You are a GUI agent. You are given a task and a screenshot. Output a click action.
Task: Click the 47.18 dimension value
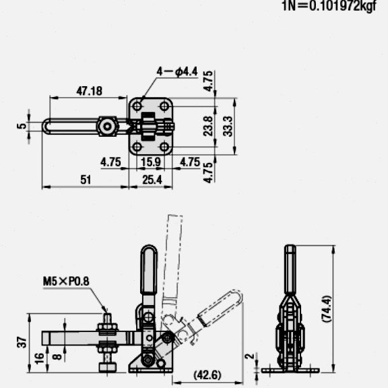click(90, 91)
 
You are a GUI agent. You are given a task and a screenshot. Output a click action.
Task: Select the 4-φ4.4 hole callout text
click(177, 72)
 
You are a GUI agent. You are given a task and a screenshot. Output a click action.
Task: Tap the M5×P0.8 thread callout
click(66, 281)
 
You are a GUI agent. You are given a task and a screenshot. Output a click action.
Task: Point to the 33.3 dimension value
click(228, 127)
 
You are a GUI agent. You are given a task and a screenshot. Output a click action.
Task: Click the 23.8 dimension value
click(208, 126)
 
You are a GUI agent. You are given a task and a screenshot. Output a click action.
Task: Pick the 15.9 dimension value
click(151, 162)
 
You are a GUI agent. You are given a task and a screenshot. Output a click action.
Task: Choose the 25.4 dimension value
click(152, 180)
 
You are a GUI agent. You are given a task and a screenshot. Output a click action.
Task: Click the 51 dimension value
click(86, 180)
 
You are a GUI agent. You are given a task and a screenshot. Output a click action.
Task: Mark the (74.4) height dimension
click(327, 309)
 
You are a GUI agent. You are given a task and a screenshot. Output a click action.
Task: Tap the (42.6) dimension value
click(207, 375)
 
